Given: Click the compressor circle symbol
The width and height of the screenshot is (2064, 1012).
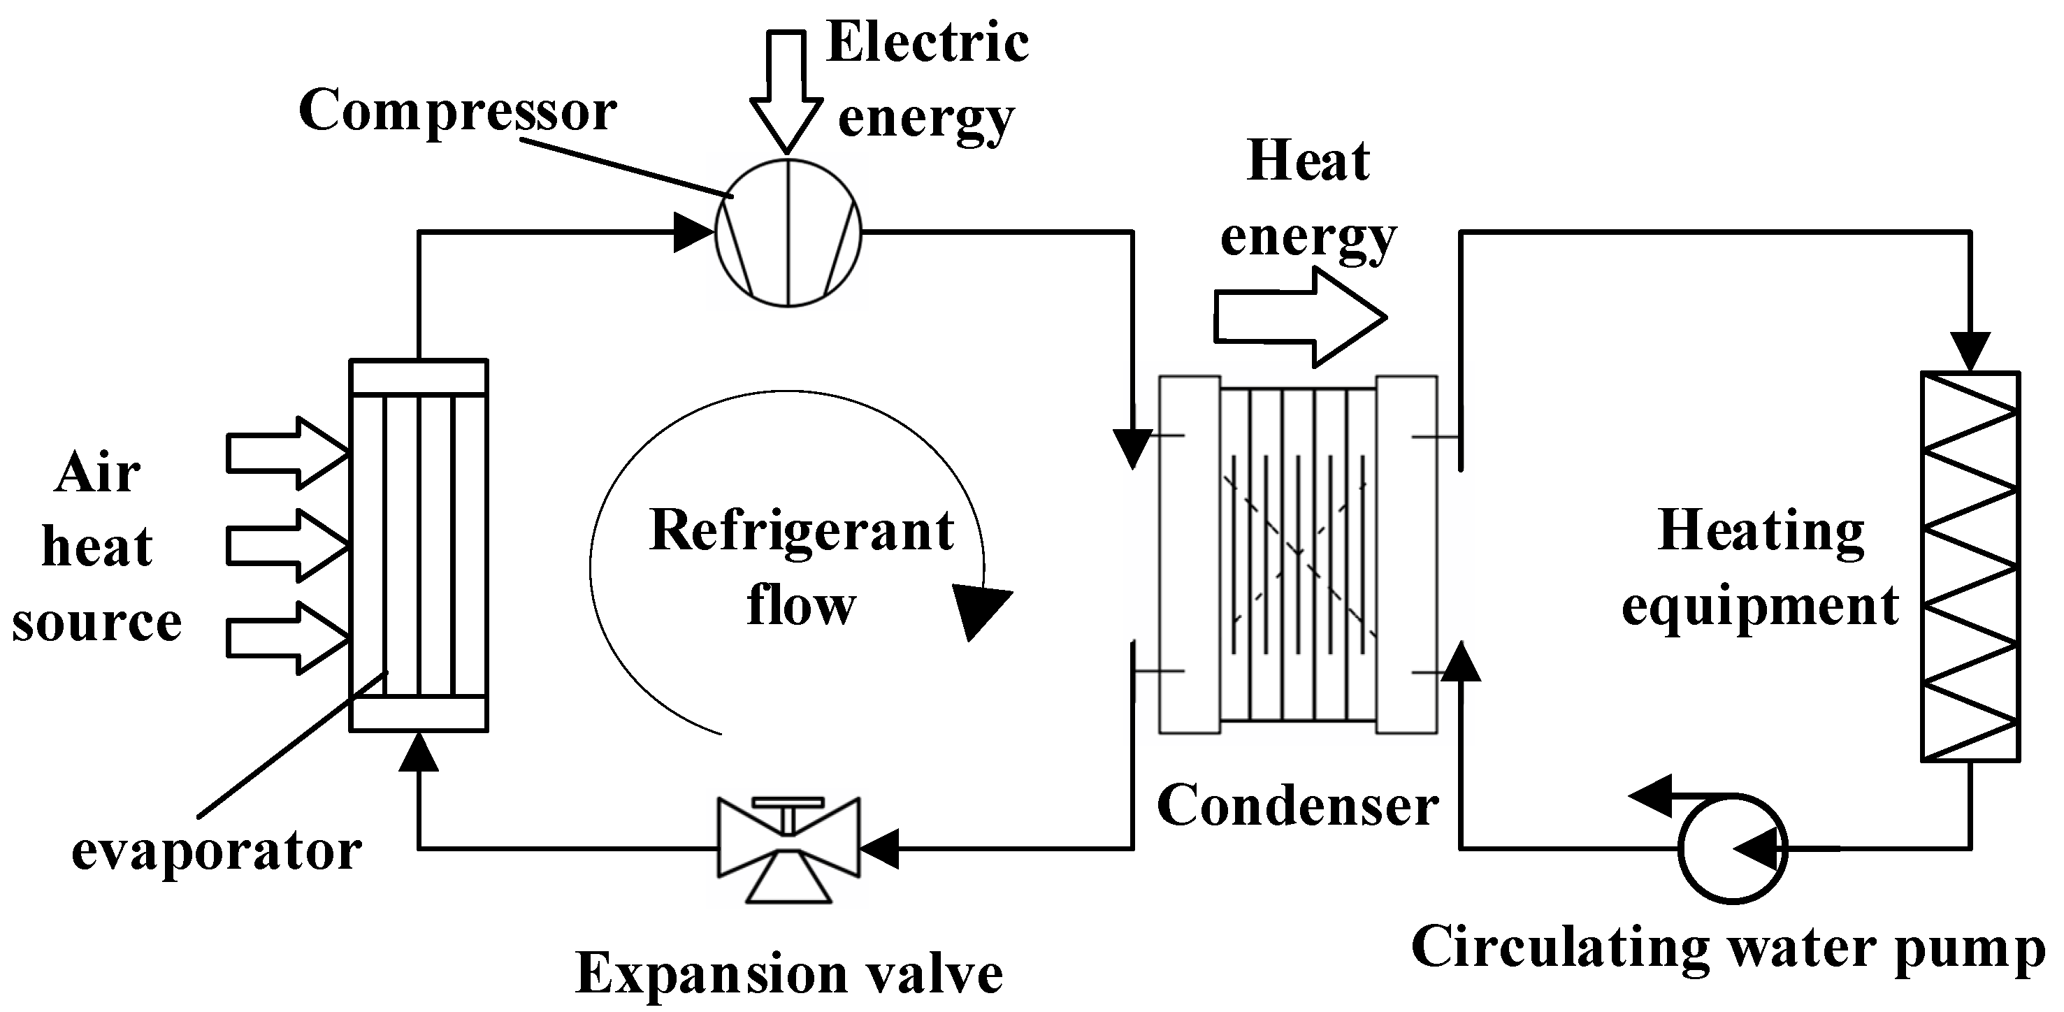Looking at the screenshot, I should click(788, 232).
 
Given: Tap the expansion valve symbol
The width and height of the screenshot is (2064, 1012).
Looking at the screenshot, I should click(789, 848).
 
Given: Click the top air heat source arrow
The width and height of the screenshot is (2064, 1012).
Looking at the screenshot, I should click(287, 454).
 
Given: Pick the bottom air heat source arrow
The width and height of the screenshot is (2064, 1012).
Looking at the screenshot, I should click(287, 639).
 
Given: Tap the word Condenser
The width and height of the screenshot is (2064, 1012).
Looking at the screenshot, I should click(1298, 805).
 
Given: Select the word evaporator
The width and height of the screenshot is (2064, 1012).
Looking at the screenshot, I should click(217, 851).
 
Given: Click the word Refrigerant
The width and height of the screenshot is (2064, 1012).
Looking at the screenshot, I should click(801, 531).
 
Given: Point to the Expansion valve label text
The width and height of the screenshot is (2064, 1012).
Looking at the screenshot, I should click(789, 973).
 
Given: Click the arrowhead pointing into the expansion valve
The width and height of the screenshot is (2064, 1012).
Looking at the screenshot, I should click(879, 848).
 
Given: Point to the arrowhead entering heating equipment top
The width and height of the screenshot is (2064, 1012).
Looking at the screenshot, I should click(1970, 351).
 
